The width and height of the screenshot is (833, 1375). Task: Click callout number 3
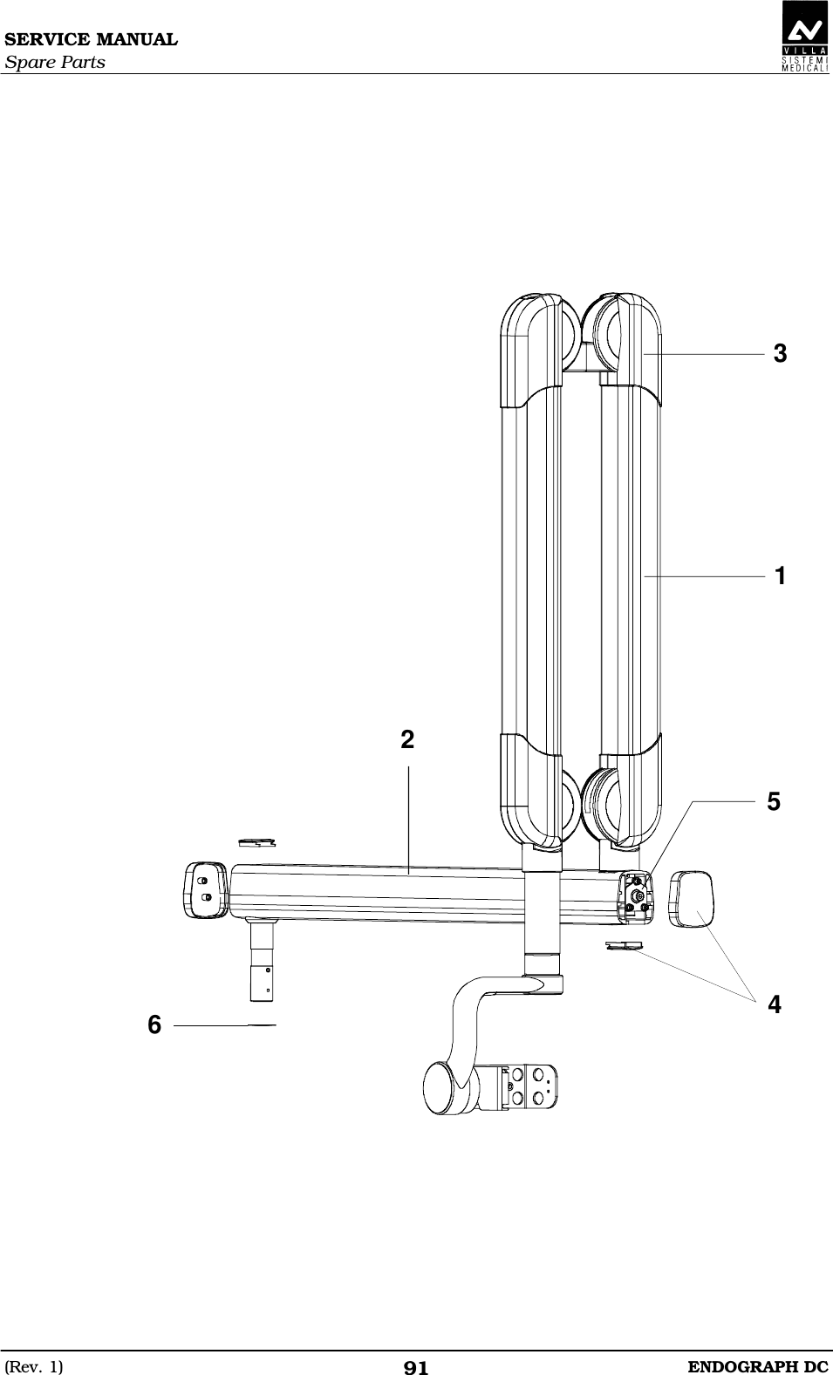pos(780,354)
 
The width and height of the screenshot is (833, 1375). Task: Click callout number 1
pos(780,576)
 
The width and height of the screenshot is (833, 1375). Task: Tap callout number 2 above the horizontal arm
pos(407,740)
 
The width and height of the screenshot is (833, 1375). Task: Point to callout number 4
pos(774,1004)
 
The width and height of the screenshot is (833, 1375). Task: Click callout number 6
pos(154,1024)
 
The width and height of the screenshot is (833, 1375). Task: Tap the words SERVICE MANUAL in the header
pos(91,40)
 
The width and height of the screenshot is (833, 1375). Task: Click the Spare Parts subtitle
pos(54,63)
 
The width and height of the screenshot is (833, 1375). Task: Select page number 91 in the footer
pos(416,1367)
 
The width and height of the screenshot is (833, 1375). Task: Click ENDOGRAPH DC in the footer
pos(758,1365)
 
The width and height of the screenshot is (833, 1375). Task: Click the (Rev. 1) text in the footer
pos(34,1366)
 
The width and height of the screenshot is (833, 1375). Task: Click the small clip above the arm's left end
pos(256,841)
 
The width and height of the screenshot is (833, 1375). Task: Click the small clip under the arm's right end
pos(623,945)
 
